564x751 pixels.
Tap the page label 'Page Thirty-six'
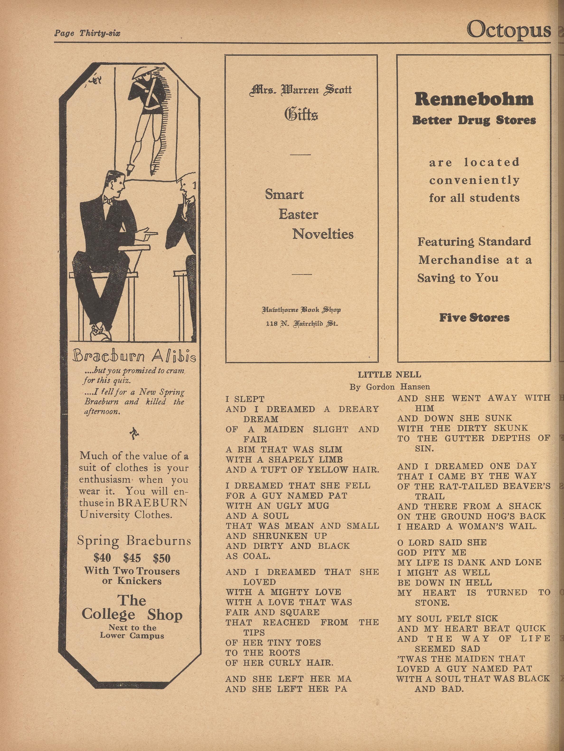tap(87, 33)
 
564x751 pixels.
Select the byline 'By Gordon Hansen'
tap(390, 387)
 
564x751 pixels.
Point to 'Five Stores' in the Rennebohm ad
tap(474, 318)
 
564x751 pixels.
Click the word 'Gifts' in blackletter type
tap(301, 114)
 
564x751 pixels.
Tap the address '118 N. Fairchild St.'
tap(301, 324)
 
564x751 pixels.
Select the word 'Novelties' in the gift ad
tap(323, 234)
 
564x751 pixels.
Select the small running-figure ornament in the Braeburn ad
tap(133, 434)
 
